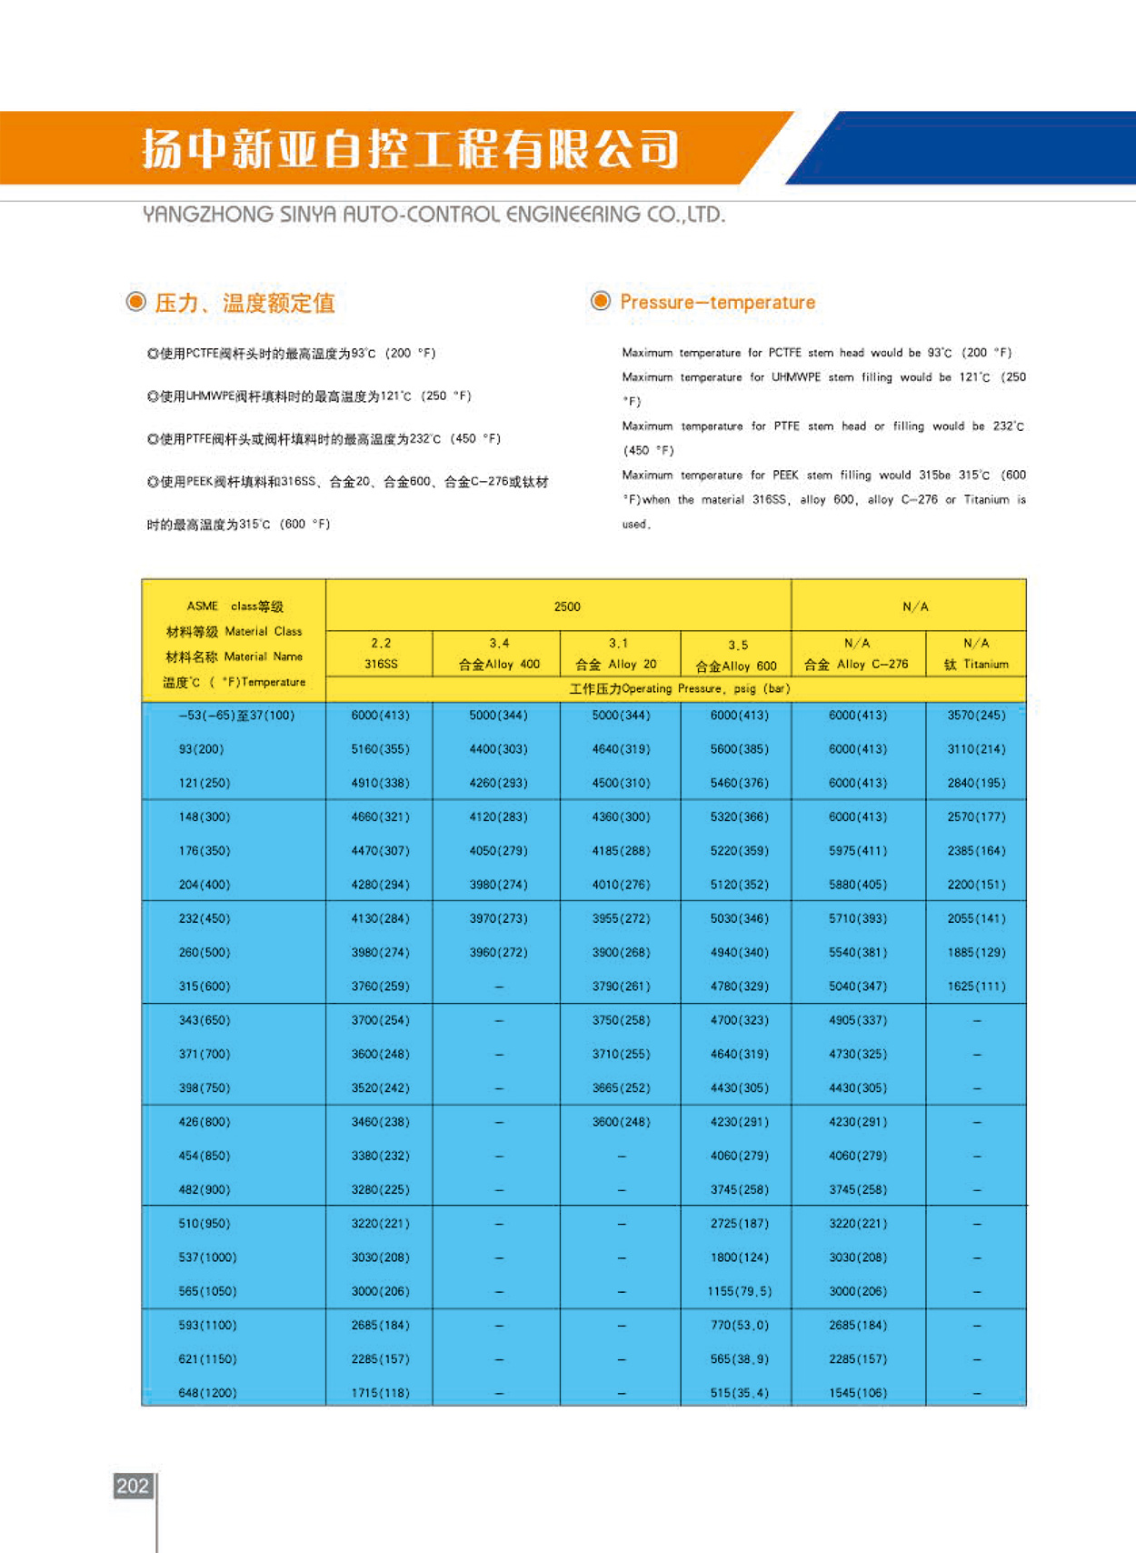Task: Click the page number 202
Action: point(132,1486)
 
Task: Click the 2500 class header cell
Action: point(567,606)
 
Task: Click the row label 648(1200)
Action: point(207,1392)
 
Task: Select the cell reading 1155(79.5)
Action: point(740,1291)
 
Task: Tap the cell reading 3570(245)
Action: point(976,716)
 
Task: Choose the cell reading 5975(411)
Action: point(858,851)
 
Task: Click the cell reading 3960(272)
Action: point(498,952)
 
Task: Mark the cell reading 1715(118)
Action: point(380,1392)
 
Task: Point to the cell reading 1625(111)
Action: point(976,987)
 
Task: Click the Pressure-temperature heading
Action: point(717,302)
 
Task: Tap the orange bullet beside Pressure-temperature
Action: point(601,301)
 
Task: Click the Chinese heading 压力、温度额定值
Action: point(244,303)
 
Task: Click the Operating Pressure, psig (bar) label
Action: point(680,688)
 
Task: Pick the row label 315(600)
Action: point(204,987)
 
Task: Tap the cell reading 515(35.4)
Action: point(740,1392)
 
